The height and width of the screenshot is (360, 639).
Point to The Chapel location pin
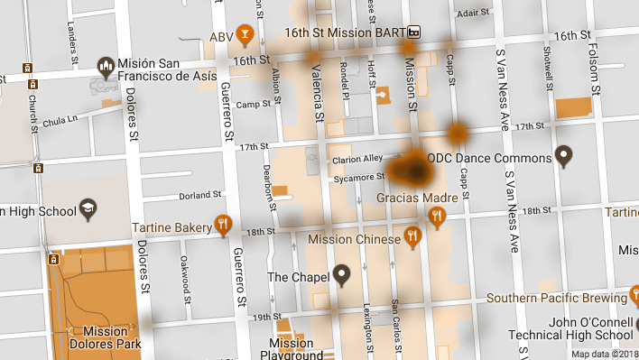click(341, 275)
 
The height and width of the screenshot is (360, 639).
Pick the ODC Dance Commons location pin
click(565, 157)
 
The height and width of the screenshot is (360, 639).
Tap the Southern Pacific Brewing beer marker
click(631, 298)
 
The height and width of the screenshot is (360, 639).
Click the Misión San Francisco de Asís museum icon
click(106, 66)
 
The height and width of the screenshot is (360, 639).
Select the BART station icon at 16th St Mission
click(414, 32)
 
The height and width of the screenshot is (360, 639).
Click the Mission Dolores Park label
click(98, 337)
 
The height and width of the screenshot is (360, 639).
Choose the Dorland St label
click(200, 195)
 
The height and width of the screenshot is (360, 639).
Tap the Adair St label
click(472, 14)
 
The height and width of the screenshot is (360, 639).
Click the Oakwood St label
click(186, 272)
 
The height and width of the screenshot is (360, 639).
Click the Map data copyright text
click(603, 354)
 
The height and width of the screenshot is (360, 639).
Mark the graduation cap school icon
click(88, 209)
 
